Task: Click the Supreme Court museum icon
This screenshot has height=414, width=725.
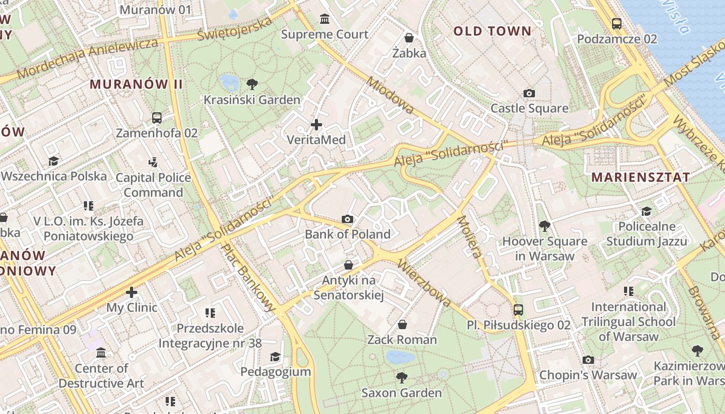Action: point(325,19)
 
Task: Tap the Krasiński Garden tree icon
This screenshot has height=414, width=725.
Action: point(252,84)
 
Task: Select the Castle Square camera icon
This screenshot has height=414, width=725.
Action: point(529,93)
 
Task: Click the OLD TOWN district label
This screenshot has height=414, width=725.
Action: point(492,31)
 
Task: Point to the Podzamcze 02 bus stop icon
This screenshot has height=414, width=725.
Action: point(616,23)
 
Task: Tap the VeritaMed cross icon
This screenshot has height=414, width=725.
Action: point(316,124)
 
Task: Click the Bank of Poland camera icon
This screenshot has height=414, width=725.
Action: point(347,219)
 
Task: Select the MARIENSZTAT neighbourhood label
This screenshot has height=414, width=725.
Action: point(641,177)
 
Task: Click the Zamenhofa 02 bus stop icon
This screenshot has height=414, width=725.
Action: point(157,117)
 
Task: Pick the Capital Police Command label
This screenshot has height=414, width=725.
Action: point(153,185)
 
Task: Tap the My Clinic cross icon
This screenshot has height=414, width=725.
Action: point(132,292)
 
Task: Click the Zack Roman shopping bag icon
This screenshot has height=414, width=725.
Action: point(402,324)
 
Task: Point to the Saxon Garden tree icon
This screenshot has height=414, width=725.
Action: point(401,377)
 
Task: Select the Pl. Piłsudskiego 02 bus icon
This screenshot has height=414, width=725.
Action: point(518,309)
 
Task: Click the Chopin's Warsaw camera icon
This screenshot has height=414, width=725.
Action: point(588,360)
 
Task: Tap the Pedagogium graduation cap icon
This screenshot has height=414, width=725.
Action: point(275,357)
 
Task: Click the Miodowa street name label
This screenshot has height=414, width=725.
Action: point(390,95)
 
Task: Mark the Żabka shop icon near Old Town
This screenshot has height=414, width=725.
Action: point(409,38)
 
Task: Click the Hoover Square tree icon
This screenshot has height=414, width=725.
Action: point(544,226)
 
